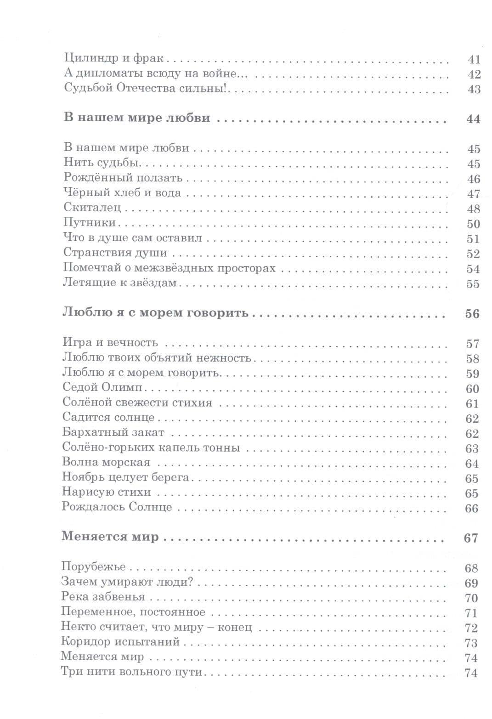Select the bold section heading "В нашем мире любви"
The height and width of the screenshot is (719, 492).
136,118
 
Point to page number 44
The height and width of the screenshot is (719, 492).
473,119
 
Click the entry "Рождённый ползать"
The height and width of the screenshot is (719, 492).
123,178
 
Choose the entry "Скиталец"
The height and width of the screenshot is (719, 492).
92,208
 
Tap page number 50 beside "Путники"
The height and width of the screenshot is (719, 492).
473,224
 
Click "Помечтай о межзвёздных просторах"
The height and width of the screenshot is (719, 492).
169,268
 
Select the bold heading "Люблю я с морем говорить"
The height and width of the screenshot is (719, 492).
155,313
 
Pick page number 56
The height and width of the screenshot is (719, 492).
472,314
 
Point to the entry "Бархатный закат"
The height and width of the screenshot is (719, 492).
113,433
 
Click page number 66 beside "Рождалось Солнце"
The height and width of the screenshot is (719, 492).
471,509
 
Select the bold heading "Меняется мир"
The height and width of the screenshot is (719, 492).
110,537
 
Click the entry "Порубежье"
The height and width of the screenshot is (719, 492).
93,567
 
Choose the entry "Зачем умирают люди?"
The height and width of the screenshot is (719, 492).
126,582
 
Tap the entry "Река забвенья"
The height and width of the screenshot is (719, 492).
103,597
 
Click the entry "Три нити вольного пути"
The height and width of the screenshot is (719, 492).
131,672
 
